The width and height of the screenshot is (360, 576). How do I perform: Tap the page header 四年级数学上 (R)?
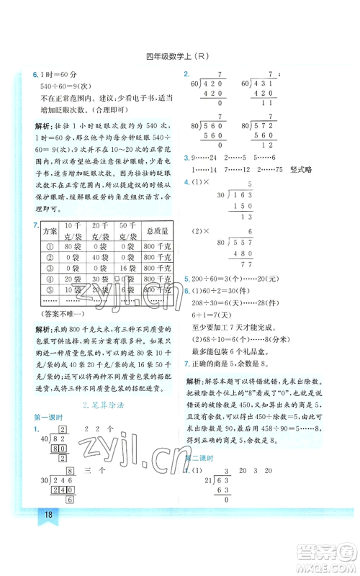(179, 58)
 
